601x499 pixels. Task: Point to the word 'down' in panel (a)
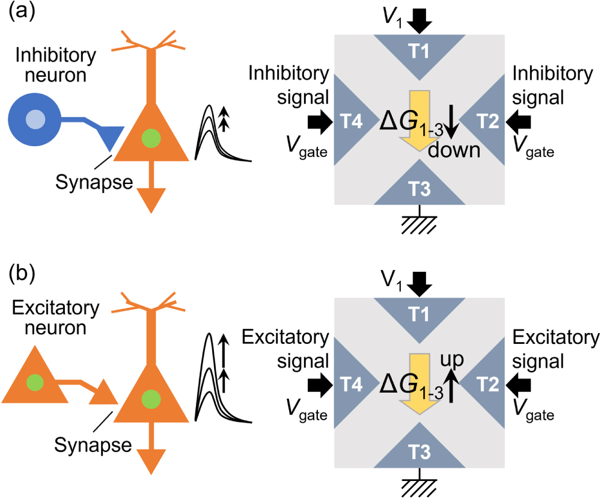454,151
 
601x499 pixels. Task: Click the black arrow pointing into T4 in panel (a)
319,123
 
